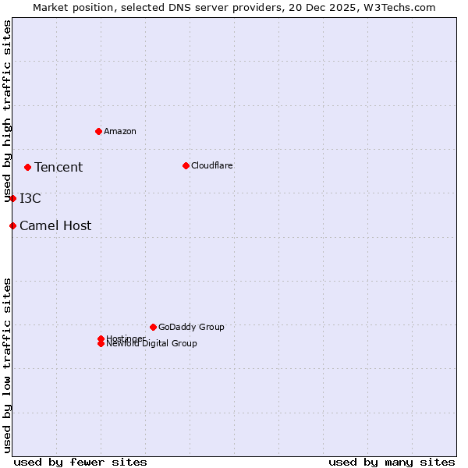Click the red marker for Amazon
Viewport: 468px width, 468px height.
coord(98,131)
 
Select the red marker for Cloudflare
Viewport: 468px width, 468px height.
coord(186,165)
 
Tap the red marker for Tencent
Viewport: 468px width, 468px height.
coord(27,167)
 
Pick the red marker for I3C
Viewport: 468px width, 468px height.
coord(12,198)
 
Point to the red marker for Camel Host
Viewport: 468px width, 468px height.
coord(12,225)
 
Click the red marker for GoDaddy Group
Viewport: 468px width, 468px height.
coord(153,327)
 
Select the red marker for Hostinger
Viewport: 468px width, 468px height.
coord(101,339)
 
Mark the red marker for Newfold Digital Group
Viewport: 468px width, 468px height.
coord(101,344)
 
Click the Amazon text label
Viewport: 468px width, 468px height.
coord(120,131)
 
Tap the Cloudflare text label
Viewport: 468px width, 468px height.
coord(212,165)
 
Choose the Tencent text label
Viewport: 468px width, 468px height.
coord(58,167)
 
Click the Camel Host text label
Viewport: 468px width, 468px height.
coord(55,226)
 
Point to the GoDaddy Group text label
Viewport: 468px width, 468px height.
coord(191,327)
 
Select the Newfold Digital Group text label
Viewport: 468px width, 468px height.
coord(152,344)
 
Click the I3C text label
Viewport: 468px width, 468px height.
coord(30,199)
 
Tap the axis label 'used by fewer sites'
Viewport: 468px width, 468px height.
coord(80,462)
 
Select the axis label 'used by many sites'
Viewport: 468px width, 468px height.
coord(392,462)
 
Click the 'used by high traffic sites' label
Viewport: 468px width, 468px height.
coord(8,112)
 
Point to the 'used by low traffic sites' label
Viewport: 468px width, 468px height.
coord(8,364)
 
